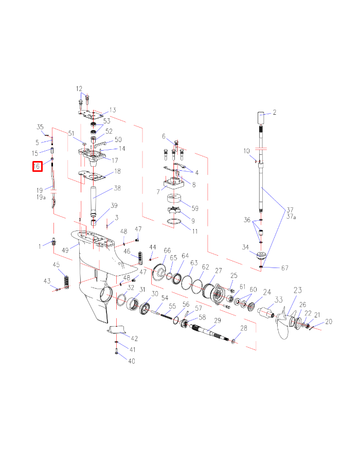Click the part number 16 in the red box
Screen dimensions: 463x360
point(37,166)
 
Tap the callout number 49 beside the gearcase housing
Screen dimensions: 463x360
point(66,251)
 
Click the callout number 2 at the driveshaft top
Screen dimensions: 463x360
point(274,112)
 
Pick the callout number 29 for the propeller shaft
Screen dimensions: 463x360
point(217,320)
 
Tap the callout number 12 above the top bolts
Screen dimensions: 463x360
point(79,88)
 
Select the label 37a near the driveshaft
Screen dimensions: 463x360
point(291,217)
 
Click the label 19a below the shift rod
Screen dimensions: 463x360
point(41,197)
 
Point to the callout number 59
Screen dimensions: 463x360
point(194,208)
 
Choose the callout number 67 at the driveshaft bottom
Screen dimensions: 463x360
point(284,268)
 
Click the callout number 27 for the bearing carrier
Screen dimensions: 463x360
point(219,271)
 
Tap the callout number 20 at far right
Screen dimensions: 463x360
point(329,322)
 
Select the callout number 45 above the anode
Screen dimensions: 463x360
point(57,264)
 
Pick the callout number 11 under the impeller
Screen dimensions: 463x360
point(194,232)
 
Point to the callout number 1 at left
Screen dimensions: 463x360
point(41,246)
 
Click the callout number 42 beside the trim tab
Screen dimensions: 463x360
point(134,339)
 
